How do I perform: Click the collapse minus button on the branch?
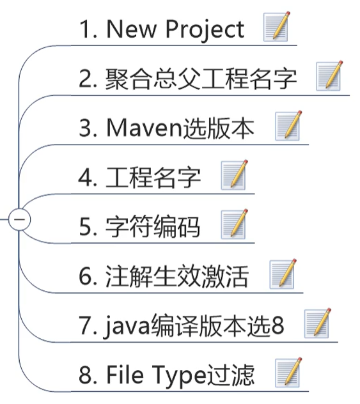(x=19, y=219)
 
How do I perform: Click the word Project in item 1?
(x=205, y=30)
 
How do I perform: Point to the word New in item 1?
(x=132, y=29)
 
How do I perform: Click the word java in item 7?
(x=127, y=327)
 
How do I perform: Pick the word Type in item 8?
(x=179, y=376)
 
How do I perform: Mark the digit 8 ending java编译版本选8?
(x=278, y=325)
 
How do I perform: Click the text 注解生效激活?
(x=176, y=276)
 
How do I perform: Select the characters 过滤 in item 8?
(x=230, y=375)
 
